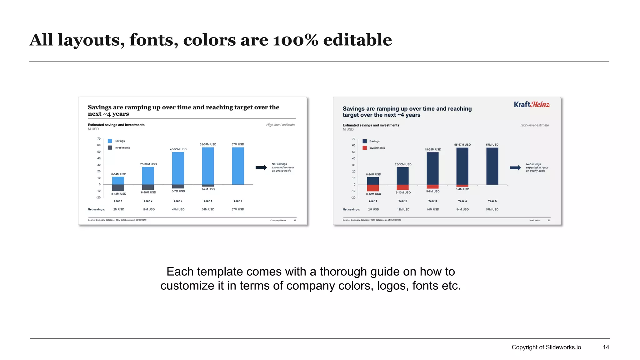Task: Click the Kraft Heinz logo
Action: (532, 105)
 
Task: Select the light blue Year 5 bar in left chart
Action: (238, 166)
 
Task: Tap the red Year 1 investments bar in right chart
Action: (373, 188)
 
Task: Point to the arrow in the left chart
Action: (261, 168)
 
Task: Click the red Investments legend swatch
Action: (365, 148)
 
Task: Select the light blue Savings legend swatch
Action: (110, 141)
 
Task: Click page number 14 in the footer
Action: (606, 347)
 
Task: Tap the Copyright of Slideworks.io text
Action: (546, 347)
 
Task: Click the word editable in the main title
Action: (357, 40)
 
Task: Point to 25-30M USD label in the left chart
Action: (148, 164)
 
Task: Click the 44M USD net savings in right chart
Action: (432, 209)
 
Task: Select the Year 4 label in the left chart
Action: (208, 201)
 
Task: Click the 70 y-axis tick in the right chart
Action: (354, 139)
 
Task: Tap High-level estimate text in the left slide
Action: (280, 125)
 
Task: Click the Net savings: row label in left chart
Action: (96, 209)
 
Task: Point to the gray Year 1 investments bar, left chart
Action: (118, 188)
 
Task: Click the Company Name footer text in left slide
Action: (278, 220)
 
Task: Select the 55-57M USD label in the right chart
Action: (462, 145)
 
